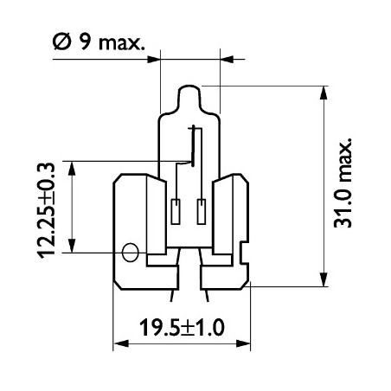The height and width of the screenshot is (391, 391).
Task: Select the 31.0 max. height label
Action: [x=344, y=183]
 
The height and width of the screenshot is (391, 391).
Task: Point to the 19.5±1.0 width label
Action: [x=181, y=328]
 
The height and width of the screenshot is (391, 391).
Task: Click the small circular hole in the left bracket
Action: [x=131, y=253]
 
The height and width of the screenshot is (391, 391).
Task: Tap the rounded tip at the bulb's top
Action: [x=190, y=90]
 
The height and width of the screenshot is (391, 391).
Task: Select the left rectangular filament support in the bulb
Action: [x=177, y=210]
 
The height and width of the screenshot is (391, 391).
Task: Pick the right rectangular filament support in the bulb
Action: [x=202, y=210]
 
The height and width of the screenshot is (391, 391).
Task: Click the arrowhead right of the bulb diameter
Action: [x=226, y=60]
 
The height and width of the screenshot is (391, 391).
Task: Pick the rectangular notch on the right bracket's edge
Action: [x=246, y=256]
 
